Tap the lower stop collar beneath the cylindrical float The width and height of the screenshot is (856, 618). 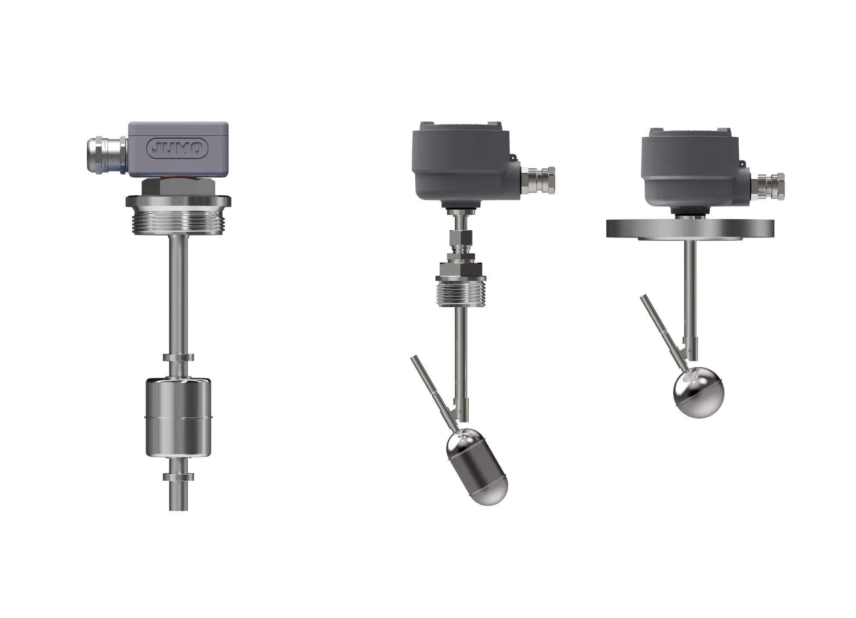coord(178,476)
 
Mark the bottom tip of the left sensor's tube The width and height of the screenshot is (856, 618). coord(178,510)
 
